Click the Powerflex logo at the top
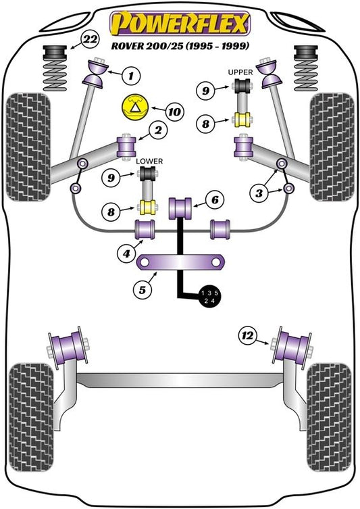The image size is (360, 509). click(x=180, y=23)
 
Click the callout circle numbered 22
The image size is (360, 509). click(x=90, y=40)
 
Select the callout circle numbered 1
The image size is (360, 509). click(x=131, y=76)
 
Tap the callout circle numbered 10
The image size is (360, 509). click(x=174, y=112)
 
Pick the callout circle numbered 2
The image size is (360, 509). click(x=158, y=130)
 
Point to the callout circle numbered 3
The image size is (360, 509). click(x=259, y=193)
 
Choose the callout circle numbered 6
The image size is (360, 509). click(x=215, y=200)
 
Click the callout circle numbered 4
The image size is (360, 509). click(x=126, y=253)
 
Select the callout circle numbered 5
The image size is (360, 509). click(x=143, y=290)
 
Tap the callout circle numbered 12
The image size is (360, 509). click(x=247, y=335)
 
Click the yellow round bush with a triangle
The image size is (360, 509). click(x=134, y=107)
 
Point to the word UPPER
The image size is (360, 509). click(x=240, y=72)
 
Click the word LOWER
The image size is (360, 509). click(x=149, y=161)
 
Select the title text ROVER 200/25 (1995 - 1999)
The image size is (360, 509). click(x=180, y=45)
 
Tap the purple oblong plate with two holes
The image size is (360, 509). click(x=180, y=262)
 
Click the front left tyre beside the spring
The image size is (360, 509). click(x=28, y=147)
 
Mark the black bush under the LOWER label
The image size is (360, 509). click(x=147, y=173)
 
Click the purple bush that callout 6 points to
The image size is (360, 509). click(x=180, y=208)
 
